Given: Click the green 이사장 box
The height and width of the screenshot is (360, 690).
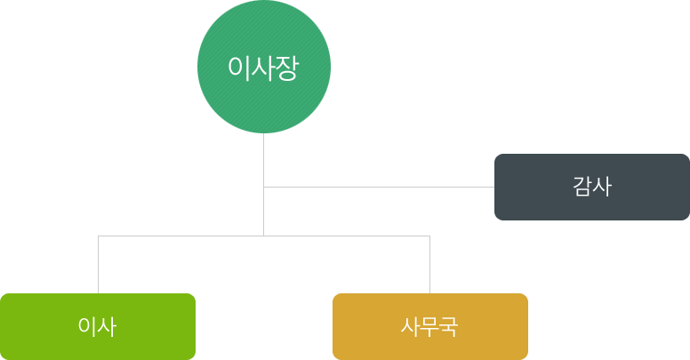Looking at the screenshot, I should click(263, 102).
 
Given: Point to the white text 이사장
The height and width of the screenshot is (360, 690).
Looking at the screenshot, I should click(263, 68).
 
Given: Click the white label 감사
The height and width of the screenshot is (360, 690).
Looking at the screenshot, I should click(592, 187).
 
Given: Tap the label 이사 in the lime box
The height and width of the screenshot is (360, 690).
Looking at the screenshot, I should click(98, 326).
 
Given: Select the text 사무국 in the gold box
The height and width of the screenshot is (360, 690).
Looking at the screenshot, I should click(429, 326).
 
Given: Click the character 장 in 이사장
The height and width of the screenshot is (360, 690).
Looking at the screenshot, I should click(286, 68).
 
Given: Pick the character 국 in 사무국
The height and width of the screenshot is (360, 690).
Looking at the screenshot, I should click(448, 326).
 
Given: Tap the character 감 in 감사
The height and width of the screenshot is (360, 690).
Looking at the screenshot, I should click(582, 187).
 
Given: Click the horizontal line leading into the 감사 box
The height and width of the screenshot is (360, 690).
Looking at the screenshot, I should click(382, 187).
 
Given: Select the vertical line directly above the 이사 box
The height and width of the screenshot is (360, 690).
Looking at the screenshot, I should click(98, 265).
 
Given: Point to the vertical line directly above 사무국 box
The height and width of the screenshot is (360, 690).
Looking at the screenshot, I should click(429, 265).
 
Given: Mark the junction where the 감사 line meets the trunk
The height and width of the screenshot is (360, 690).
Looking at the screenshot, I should click(263, 187).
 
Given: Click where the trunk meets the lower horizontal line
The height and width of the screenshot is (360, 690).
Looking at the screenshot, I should click(263, 236).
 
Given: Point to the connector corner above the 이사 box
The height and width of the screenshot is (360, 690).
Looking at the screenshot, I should click(98, 236).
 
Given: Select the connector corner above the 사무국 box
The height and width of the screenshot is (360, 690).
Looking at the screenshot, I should click(429, 236).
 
